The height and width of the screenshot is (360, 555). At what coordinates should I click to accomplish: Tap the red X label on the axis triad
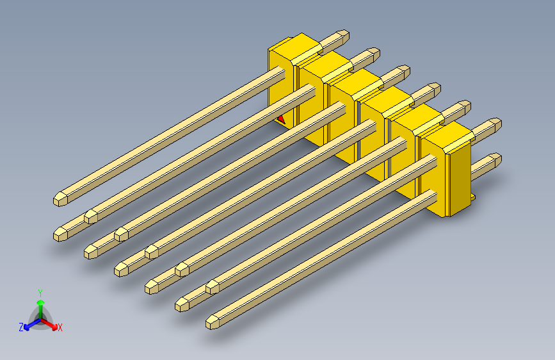(60, 327)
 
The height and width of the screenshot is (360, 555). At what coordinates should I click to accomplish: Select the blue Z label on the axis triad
(21, 327)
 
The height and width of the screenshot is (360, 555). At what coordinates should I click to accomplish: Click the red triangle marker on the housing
(281, 119)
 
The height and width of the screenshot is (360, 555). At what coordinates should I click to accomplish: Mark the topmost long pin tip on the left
(60, 198)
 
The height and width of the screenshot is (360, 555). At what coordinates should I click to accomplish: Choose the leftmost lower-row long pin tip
(60, 234)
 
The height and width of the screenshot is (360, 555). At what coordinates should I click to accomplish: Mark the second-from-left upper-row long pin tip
(90, 216)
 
